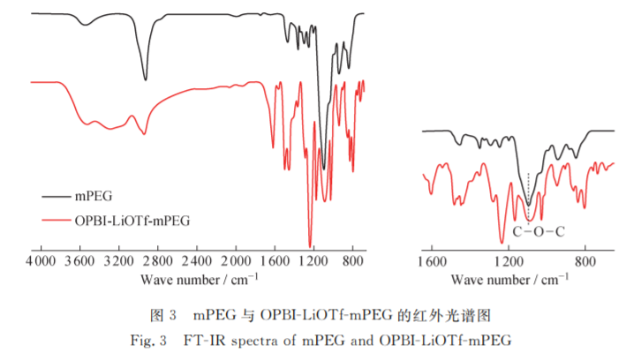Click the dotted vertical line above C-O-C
528,194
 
